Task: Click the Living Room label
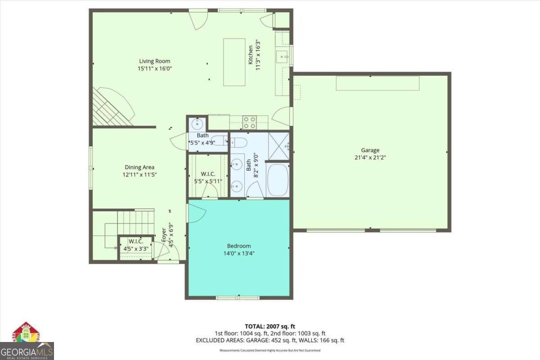(154, 61)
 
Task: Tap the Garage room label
(370, 150)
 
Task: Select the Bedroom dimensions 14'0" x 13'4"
(238, 253)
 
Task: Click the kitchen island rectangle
(234, 62)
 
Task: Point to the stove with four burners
(249, 122)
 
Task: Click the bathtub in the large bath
(277, 180)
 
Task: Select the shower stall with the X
(279, 145)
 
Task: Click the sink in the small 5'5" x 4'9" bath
(197, 124)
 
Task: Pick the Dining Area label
(139, 167)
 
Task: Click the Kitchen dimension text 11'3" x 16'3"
(258, 54)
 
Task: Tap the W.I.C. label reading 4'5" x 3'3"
(135, 248)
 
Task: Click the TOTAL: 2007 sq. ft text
(270, 326)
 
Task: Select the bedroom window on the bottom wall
(238, 297)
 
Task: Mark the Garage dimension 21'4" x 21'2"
(370, 157)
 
